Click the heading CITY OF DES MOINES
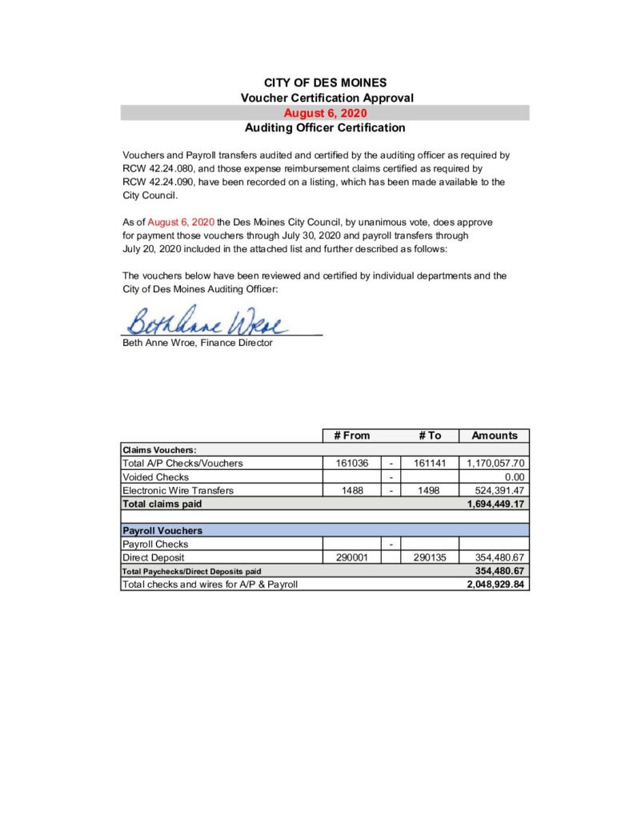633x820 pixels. point(324,82)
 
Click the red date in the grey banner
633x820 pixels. point(324,113)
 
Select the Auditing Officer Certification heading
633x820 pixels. point(324,127)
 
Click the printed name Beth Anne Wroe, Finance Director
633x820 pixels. point(197,343)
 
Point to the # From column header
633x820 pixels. point(351,436)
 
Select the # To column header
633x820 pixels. point(429,436)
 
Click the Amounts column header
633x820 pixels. point(494,436)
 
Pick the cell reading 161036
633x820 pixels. point(351,463)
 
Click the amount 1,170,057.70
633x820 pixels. point(495,463)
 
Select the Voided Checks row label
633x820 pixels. point(155,476)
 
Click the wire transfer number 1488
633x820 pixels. point(351,490)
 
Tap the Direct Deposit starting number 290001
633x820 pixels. point(351,557)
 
